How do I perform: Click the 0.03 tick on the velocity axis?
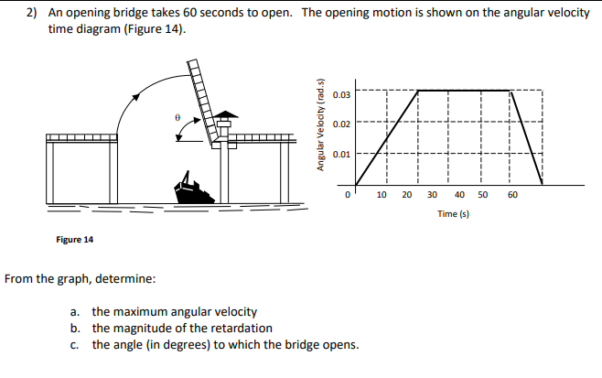pos(340,95)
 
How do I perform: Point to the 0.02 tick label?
pos(340,124)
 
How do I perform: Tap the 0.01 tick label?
pos(340,154)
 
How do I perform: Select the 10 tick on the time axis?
pos(382,195)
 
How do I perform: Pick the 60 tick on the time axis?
pos(512,195)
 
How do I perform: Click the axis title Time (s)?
pos(446,213)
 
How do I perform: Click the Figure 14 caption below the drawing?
pos(74,240)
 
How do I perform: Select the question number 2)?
pos(30,14)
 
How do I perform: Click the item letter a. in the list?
pos(74,312)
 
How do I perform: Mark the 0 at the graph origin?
pos(348,195)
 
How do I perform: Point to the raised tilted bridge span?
pos(209,101)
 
